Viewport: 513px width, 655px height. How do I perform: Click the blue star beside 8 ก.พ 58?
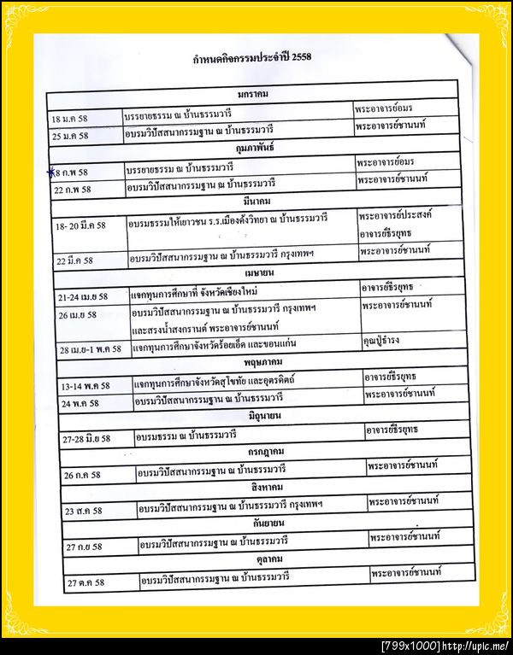click(50, 171)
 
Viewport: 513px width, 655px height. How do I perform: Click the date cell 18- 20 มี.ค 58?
click(80, 225)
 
